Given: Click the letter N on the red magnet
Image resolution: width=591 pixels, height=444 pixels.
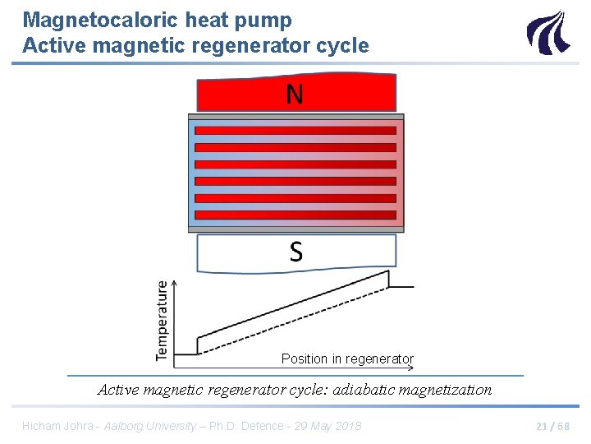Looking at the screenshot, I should point(295,95).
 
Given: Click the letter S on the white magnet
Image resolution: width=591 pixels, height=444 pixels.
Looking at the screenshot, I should point(295,252).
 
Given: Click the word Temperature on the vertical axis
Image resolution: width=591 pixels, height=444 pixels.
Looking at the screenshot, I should point(162,320).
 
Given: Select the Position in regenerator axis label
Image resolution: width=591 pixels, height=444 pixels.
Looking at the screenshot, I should point(347,358).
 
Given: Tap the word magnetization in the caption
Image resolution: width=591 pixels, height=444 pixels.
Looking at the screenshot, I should point(447,390).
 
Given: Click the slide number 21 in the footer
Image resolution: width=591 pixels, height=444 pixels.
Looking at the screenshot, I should point(541,426).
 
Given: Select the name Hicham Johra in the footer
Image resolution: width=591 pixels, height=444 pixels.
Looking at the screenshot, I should point(56,426).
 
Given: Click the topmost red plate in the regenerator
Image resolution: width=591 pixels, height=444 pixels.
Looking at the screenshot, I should point(295,130).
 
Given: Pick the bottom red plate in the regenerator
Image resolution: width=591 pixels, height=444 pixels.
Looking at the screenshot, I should point(295,215).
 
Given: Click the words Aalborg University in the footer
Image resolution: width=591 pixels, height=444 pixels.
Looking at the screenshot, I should point(149,426).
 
